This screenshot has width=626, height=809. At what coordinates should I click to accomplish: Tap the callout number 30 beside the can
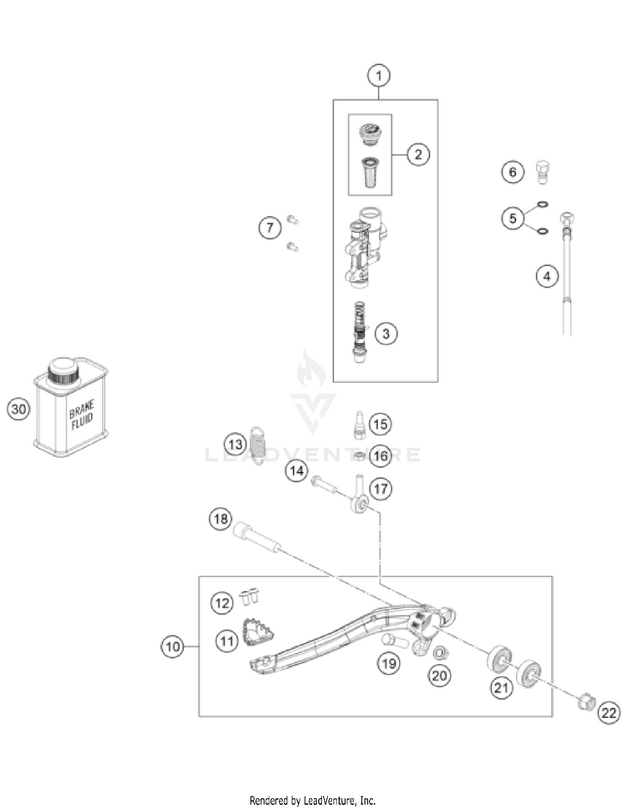[18, 409]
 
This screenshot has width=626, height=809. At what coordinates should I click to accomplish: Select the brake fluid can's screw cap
[61, 369]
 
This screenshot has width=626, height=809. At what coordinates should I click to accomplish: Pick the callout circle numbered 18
[220, 520]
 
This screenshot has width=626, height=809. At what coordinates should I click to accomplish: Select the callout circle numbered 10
[173, 646]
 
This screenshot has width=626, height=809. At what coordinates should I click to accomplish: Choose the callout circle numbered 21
[501, 687]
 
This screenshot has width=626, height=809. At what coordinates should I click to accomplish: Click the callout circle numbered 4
[547, 276]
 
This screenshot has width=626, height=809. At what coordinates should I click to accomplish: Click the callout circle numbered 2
[418, 153]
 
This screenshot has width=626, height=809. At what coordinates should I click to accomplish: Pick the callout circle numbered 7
[268, 228]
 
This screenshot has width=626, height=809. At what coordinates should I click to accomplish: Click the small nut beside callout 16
[356, 455]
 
